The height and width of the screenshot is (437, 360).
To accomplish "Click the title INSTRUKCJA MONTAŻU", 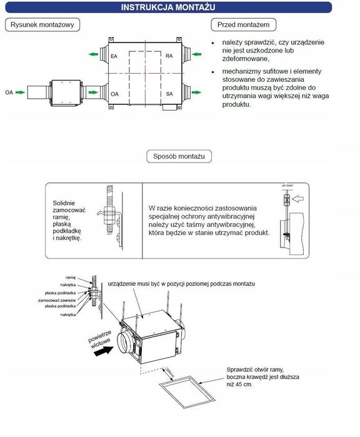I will point(180,7).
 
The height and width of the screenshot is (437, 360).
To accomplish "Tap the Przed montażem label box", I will point(243,24).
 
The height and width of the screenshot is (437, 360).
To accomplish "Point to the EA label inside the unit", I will point(114,57).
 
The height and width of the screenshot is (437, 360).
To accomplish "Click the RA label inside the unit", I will point(169,57).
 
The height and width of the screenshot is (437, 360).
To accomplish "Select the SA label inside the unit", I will point(169,94).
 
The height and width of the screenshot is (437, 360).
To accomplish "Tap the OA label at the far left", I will point(9,93).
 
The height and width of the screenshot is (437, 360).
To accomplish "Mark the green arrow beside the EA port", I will point(92,55).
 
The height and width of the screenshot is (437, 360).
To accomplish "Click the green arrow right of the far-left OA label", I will point(21,93).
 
